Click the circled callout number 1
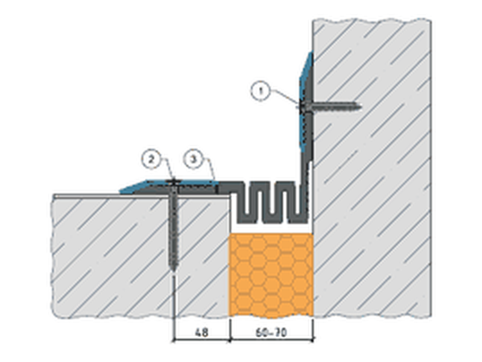pyautogui.click(x=261, y=91)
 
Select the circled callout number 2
pyautogui.click(x=151, y=159)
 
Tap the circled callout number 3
pyautogui.click(x=194, y=159)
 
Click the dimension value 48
pyautogui.click(x=202, y=332)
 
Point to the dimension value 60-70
pyautogui.click(x=271, y=332)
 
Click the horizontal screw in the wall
pyautogui.click(x=329, y=107)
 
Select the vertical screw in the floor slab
pyautogui.click(x=174, y=225)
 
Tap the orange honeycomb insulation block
pyautogui.click(x=271, y=275)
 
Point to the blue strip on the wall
pyautogui.click(x=305, y=101)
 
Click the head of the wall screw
pyautogui.click(x=301, y=107)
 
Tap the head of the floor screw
pyautogui.click(x=174, y=182)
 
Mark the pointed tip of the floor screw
pyautogui.click(x=174, y=271)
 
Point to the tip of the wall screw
pyautogui.click(x=361, y=107)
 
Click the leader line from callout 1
pyautogui.click(x=284, y=97)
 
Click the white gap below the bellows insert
pyautogui.click(x=271, y=228)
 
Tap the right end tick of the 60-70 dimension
pyautogui.click(x=313, y=340)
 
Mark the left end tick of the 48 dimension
pyautogui.click(x=174, y=340)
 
